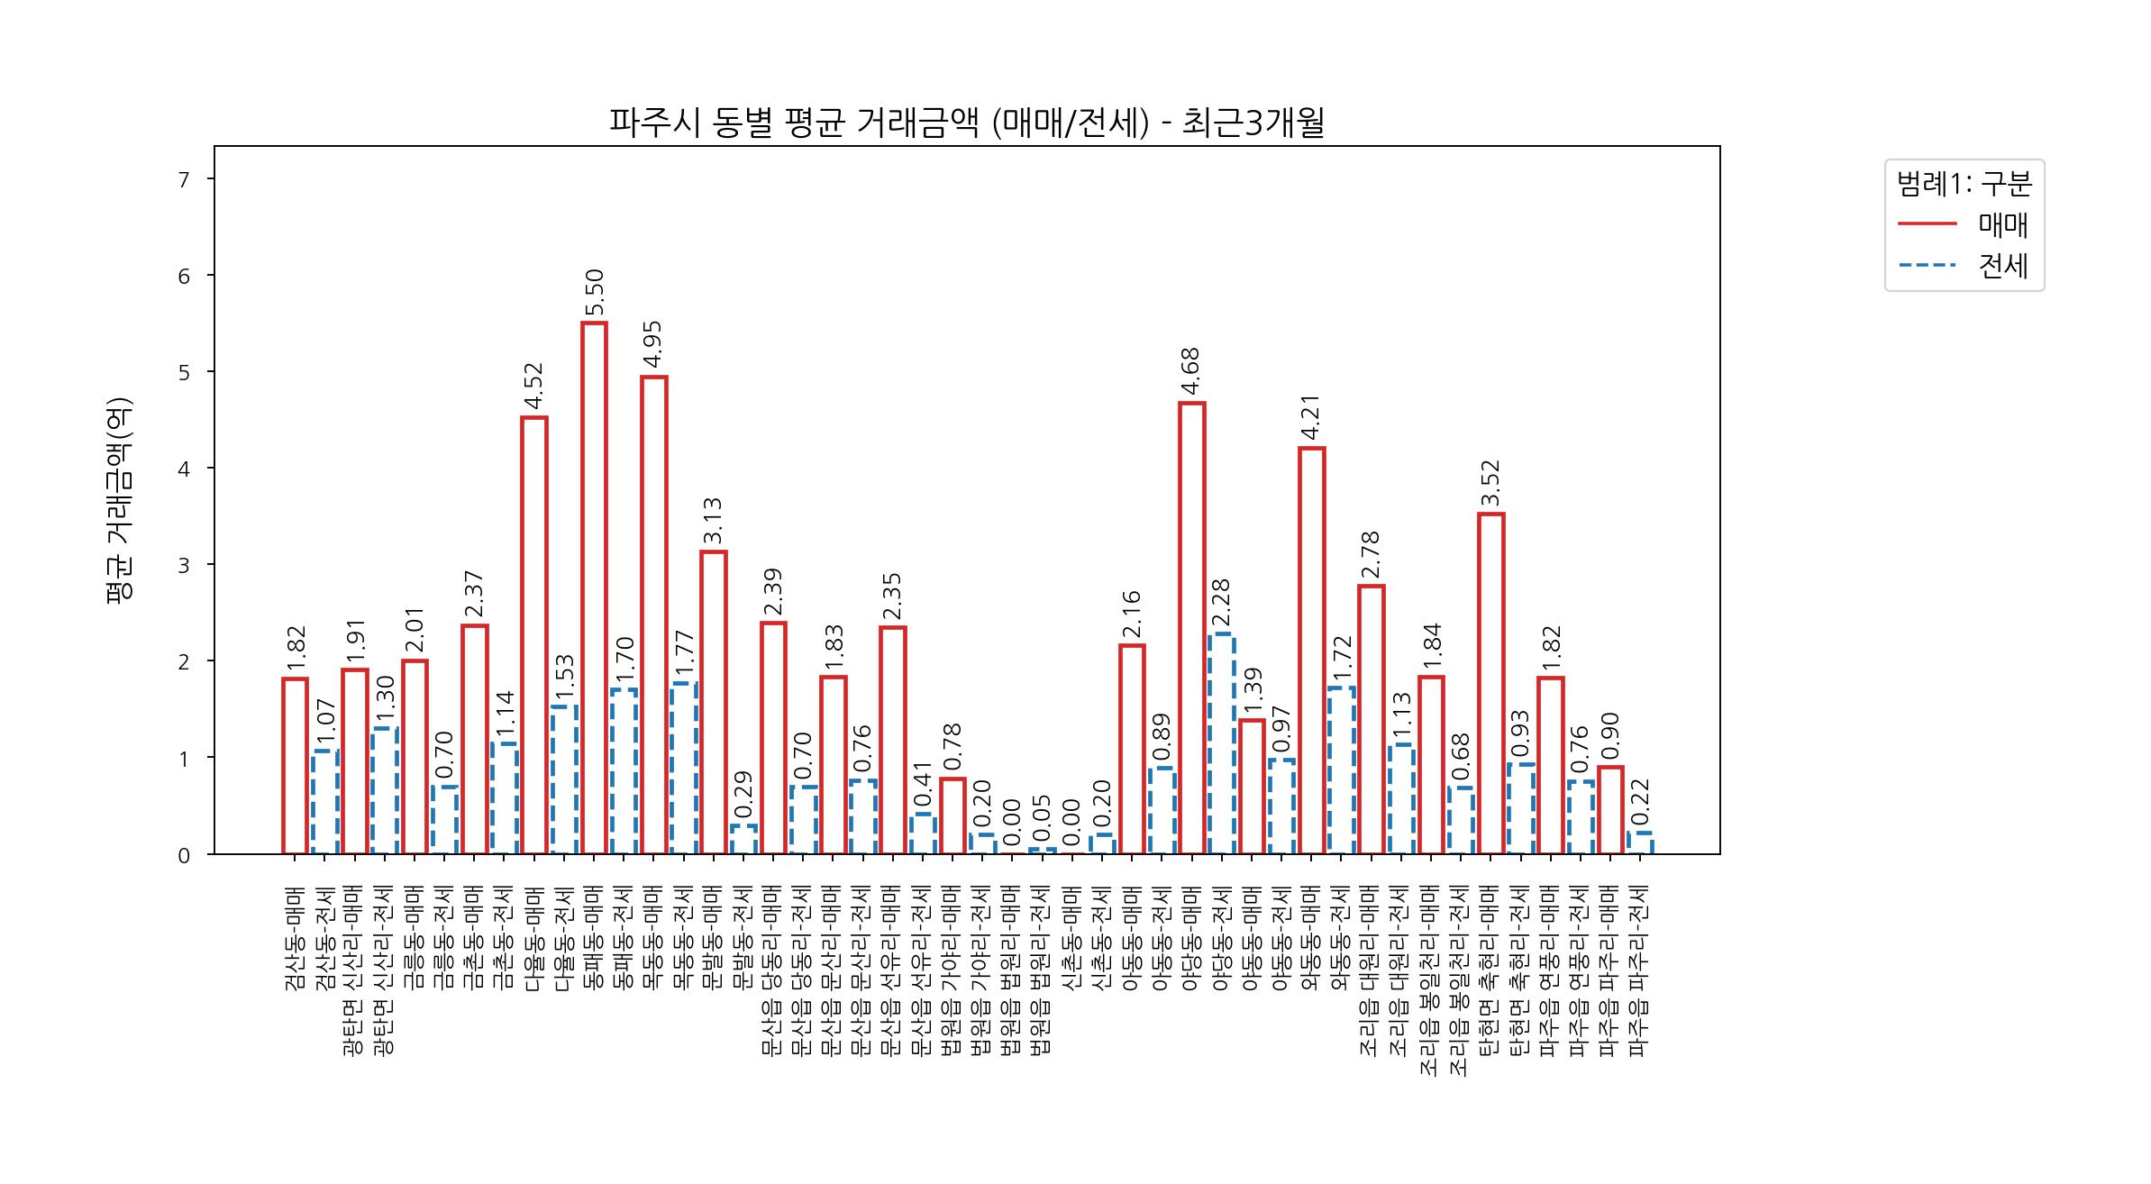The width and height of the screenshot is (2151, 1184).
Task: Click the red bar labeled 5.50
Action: [594, 587]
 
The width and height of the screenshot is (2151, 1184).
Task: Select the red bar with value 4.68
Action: [1191, 628]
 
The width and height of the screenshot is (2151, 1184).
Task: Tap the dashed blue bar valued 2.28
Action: [1221, 743]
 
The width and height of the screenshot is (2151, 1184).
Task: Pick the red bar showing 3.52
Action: [1490, 683]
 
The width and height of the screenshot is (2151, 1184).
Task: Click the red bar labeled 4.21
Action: [1311, 651]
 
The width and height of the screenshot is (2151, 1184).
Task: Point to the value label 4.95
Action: [653, 346]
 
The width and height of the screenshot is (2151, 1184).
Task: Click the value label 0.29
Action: [743, 794]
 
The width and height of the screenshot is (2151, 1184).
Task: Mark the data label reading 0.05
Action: [1042, 817]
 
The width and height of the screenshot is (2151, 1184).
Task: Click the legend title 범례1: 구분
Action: [1964, 184]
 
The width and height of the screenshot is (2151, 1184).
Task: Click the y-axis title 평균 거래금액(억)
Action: [119, 500]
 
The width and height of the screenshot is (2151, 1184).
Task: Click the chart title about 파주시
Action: [966, 123]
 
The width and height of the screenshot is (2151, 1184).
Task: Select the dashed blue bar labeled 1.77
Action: [683, 769]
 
